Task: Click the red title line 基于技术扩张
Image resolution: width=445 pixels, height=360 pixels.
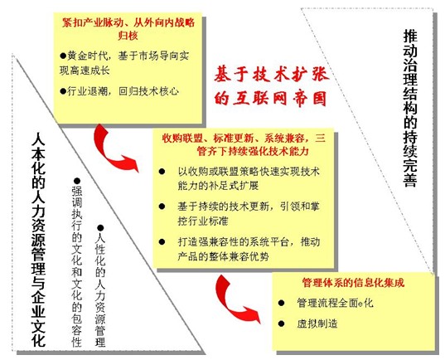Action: pyautogui.click(x=271, y=75)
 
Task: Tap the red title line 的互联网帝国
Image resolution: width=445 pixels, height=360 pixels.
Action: pyautogui.click(x=270, y=99)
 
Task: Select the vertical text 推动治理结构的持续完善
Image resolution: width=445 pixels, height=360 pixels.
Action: pyautogui.click(x=410, y=109)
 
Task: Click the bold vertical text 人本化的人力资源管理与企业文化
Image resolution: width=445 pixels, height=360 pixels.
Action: pyautogui.click(x=39, y=240)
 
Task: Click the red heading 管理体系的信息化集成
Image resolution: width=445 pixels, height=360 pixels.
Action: pyautogui.click(x=353, y=283)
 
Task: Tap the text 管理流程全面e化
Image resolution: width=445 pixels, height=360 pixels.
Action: pyautogui.click(x=335, y=303)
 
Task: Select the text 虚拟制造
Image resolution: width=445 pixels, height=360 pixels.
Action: pyautogui.click(x=317, y=324)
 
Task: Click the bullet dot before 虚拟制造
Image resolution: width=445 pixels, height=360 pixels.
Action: pyautogui.click(x=281, y=324)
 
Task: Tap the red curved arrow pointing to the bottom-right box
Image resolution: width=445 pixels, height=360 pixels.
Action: pyautogui.click(x=236, y=299)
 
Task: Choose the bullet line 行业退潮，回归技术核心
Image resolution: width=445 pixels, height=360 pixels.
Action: pyautogui.click(x=119, y=91)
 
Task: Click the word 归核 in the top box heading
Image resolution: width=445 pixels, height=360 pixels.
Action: pyautogui.click(x=128, y=35)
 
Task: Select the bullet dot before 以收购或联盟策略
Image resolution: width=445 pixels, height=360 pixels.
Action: pyautogui.click(x=162, y=172)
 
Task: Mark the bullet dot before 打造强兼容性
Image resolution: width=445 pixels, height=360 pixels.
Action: pyautogui.click(x=162, y=242)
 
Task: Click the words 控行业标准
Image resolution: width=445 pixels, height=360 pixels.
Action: pyautogui.click(x=203, y=221)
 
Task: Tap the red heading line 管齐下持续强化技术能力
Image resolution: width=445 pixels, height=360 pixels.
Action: pyautogui.click(x=252, y=151)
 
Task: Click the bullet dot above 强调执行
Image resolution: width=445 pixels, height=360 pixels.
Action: pyautogui.click(x=77, y=181)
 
